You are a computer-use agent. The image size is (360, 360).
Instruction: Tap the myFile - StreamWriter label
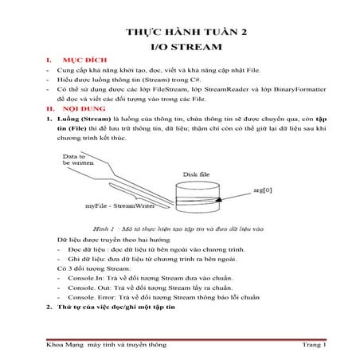[119, 206]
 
